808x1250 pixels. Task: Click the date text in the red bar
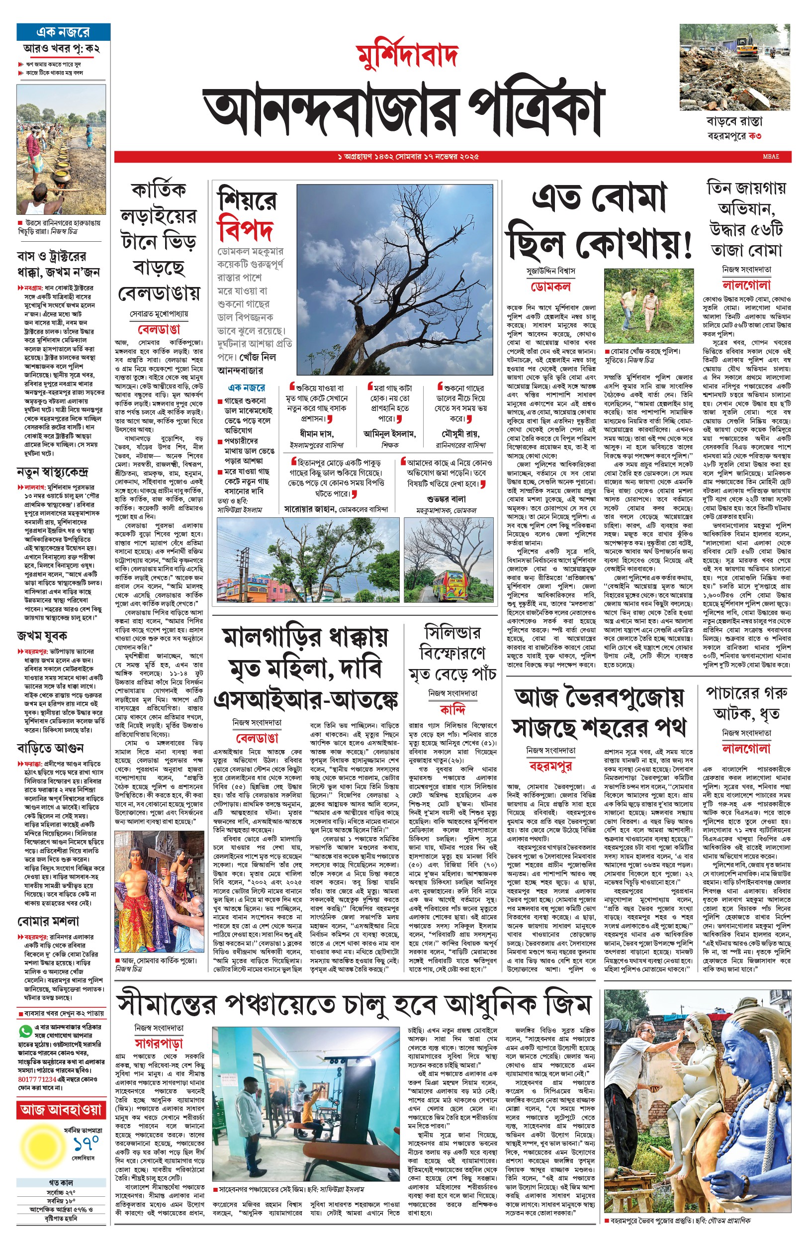(408, 156)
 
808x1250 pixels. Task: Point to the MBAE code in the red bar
(771, 156)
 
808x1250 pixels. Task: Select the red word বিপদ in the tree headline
(246, 229)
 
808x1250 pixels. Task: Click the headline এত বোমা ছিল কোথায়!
(599, 220)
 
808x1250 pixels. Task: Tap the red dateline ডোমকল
(550, 287)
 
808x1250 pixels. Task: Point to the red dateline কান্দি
(452, 709)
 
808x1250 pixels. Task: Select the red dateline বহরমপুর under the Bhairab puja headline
(550, 766)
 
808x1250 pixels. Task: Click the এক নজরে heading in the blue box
(63, 32)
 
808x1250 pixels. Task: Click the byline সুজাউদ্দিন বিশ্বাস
(550, 271)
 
